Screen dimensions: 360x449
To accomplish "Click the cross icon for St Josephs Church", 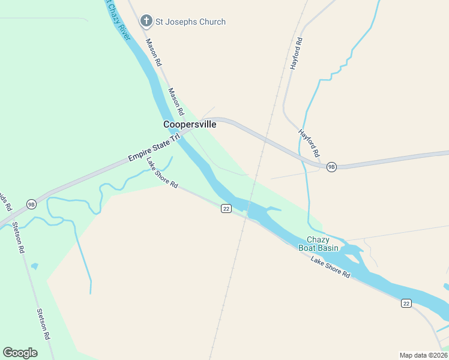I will [x=146, y=22].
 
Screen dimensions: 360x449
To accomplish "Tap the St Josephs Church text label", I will [x=190, y=22].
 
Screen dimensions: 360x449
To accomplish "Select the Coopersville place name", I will [x=190, y=124].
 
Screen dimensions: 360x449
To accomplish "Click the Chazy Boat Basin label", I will [x=318, y=244].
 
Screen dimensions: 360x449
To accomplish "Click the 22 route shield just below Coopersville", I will [x=226, y=208].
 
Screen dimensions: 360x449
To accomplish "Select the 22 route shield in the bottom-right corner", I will [x=406, y=304].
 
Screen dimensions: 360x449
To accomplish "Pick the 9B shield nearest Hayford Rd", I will [x=331, y=167].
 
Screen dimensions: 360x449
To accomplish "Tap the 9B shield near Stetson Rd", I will [x=32, y=204].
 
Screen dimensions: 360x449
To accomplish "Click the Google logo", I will [x=20, y=353].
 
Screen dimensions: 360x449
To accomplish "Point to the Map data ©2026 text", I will [x=423, y=355].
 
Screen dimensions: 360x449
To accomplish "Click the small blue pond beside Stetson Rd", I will [x=34, y=266].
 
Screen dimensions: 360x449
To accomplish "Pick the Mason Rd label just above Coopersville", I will [x=175, y=102].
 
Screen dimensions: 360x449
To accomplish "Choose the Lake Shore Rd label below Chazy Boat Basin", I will [x=330, y=266].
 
